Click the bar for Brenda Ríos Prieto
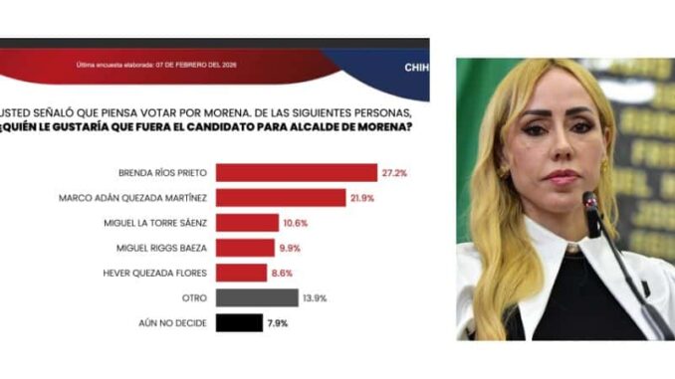pyautogui.click(x=296, y=173)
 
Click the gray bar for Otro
pyautogui.click(x=256, y=297)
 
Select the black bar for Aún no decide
pyautogui.click(x=239, y=322)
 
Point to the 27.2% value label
pyautogui.click(x=394, y=173)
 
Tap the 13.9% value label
pyautogui.click(x=314, y=297)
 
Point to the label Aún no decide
pyautogui.click(x=175, y=322)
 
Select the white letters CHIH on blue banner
pyautogui.click(x=416, y=68)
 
